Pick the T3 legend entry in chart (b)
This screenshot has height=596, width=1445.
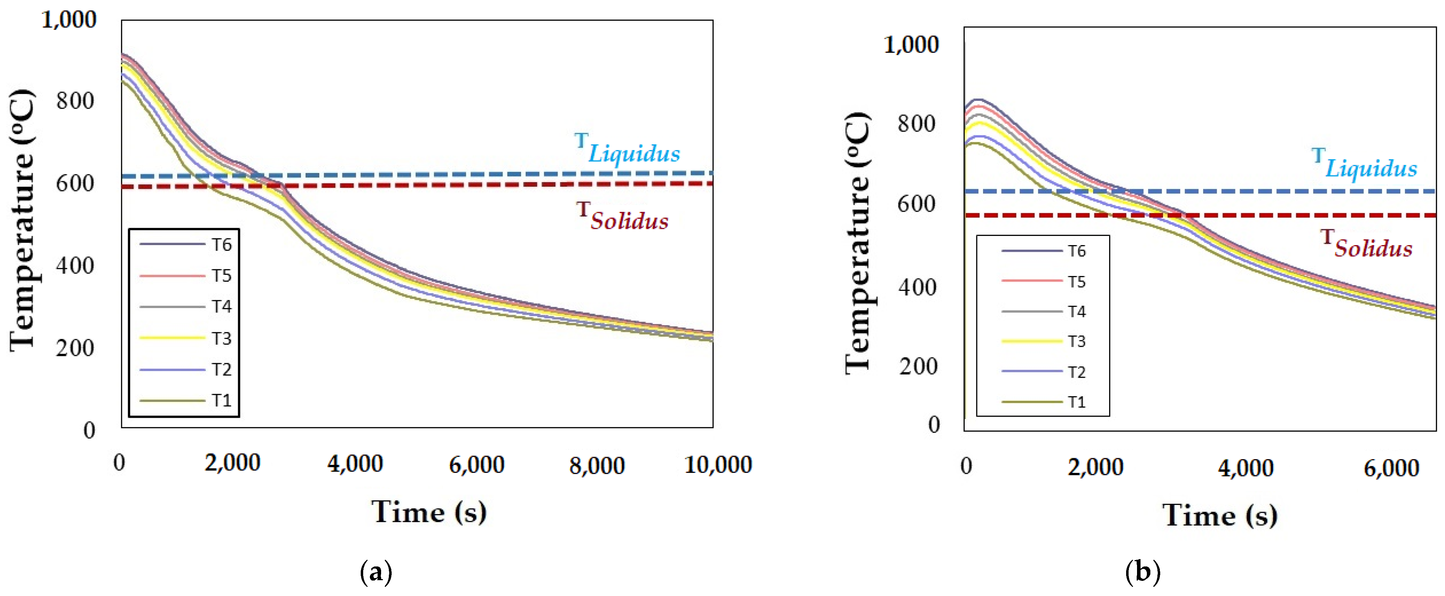[1044, 341]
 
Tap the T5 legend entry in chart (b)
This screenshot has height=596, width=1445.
[1044, 281]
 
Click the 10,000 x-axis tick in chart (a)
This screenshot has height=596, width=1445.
[718, 465]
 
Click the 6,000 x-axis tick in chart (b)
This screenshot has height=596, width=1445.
[1391, 468]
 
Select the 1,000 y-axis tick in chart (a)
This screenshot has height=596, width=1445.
[69, 20]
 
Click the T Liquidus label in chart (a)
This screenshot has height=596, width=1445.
[627, 148]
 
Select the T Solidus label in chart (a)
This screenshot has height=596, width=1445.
[623, 216]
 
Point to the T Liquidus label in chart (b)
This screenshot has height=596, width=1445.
[1364, 163]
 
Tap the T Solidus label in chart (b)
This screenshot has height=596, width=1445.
[1366, 243]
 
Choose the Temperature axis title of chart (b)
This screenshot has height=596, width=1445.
[858, 242]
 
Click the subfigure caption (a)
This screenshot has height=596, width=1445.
[375, 572]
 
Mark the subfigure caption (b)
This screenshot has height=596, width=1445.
[1143, 572]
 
